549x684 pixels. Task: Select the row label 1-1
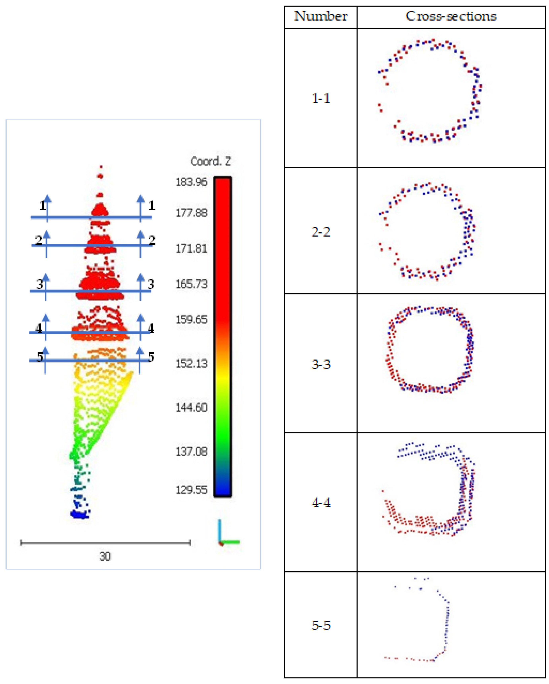(x=321, y=98)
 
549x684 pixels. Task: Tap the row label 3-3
(x=321, y=364)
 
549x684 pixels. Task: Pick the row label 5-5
(x=321, y=625)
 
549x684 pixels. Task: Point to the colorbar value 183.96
(x=191, y=182)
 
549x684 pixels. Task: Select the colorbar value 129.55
(x=191, y=490)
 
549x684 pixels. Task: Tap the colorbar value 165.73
(x=191, y=284)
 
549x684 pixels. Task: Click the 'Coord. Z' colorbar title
(x=211, y=162)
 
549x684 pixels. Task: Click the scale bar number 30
(x=105, y=556)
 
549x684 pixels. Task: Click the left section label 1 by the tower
(x=42, y=206)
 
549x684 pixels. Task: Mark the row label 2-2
(x=321, y=232)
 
